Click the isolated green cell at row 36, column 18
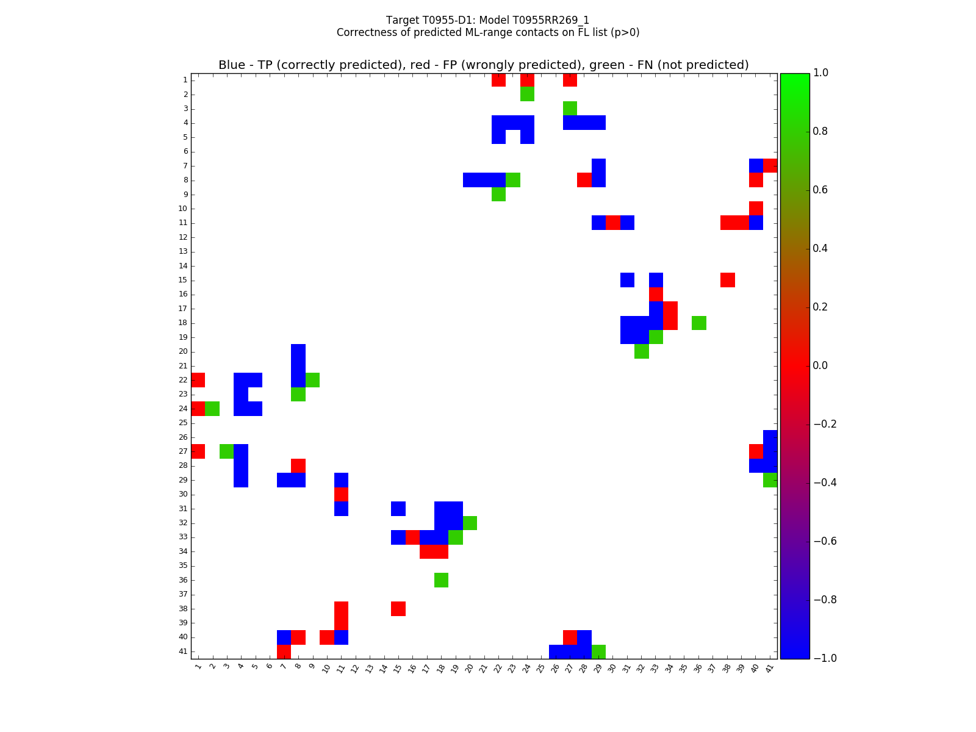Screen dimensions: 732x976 [x=441, y=580]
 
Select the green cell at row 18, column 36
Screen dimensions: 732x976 [x=698, y=323]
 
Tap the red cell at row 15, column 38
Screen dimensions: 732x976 [x=727, y=280]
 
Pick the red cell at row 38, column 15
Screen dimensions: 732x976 [x=398, y=609]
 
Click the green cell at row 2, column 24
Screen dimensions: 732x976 [x=527, y=94]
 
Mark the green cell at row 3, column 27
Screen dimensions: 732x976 [x=570, y=109]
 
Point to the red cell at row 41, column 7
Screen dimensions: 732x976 [x=284, y=651]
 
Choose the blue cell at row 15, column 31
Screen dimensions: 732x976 [x=627, y=280]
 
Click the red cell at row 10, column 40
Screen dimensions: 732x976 [x=756, y=209]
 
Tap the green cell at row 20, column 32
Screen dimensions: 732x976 [x=641, y=351]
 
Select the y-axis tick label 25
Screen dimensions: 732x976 [x=183, y=423]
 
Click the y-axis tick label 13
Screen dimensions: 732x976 [x=183, y=251]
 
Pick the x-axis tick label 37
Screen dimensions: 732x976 [x=712, y=668]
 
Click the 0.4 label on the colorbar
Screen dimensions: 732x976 [x=822, y=248]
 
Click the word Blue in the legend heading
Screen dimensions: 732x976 [x=231, y=65]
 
